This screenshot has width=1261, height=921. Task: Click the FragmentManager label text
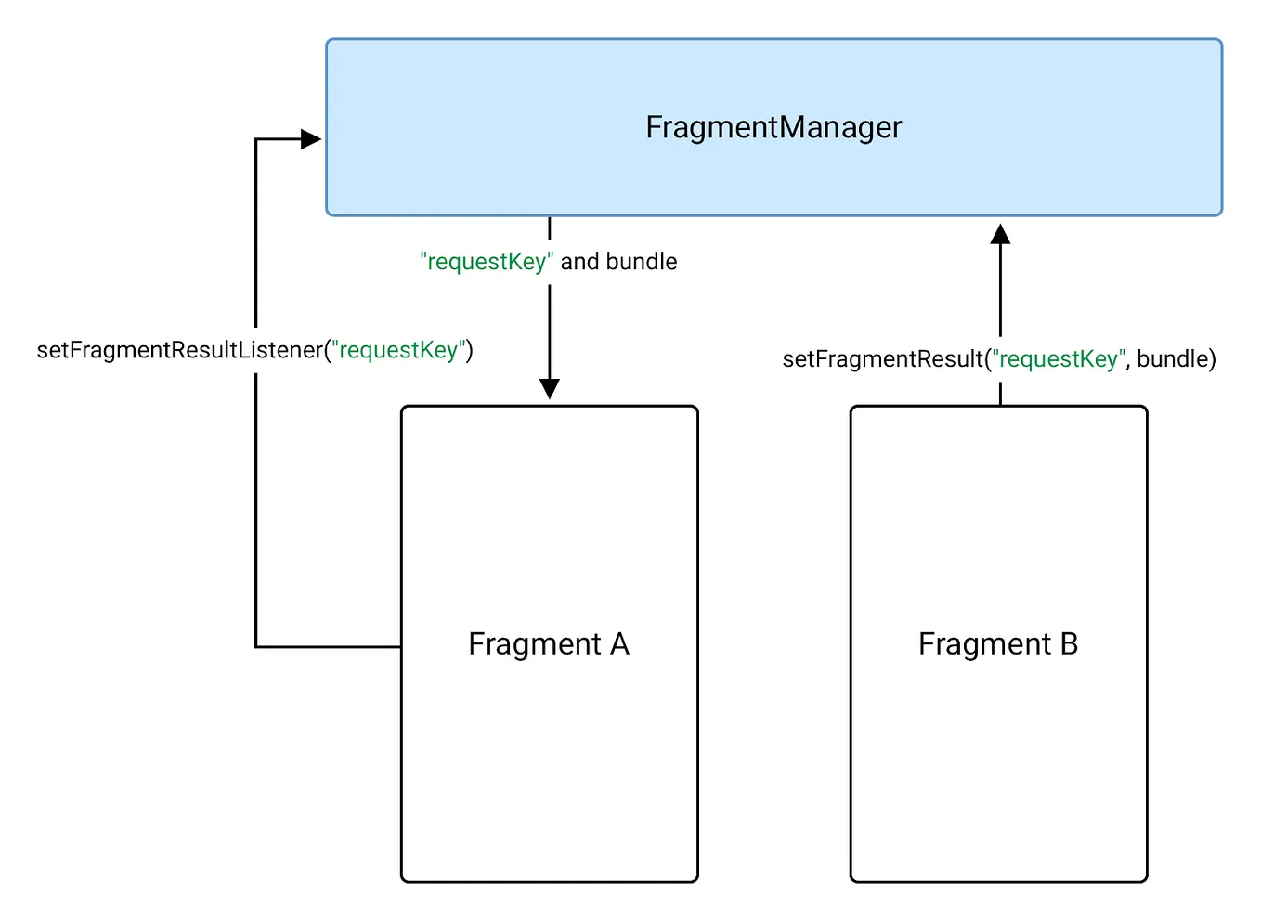773,127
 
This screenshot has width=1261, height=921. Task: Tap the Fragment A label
548,643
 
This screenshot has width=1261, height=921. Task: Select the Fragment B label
997,643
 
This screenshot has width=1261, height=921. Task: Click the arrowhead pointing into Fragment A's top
550,388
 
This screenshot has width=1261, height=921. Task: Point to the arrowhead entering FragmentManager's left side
311,140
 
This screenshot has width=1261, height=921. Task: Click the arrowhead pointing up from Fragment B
1000,234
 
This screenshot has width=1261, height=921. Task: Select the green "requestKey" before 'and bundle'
487,262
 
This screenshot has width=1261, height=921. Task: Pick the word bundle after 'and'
642,262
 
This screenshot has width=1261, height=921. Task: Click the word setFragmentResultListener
179,350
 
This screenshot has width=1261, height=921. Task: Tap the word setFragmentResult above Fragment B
882,359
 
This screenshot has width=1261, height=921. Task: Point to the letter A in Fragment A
619,643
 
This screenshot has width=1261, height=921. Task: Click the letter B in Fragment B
1068,643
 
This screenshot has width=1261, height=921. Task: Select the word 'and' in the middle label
579,262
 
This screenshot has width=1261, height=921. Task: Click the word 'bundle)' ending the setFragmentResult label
1176,359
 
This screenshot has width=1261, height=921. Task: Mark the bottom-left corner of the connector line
256,646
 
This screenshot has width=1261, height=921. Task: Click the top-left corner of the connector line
256,140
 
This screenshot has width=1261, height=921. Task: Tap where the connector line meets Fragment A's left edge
401,646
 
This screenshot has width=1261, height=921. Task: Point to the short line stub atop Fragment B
1000,394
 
